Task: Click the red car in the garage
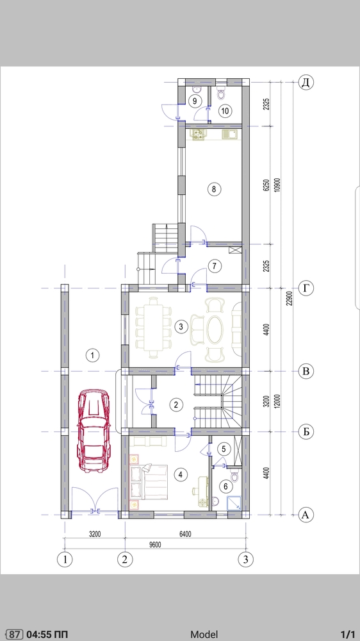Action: [x=94, y=431]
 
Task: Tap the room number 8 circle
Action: [x=214, y=189]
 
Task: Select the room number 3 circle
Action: [x=181, y=326]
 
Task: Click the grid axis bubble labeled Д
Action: [x=306, y=82]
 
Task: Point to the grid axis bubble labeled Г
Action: [x=306, y=288]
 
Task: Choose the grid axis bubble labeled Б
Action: [x=306, y=431]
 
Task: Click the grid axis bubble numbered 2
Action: [x=125, y=559]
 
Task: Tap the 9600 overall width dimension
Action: [x=155, y=544]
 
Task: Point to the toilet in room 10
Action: [x=221, y=93]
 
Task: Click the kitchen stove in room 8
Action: [x=199, y=135]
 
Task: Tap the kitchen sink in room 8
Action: [x=230, y=135]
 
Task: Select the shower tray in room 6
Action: [x=234, y=503]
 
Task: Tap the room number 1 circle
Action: [x=93, y=355]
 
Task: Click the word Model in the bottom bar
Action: [x=204, y=634]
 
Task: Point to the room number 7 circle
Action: [x=214, y=266]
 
